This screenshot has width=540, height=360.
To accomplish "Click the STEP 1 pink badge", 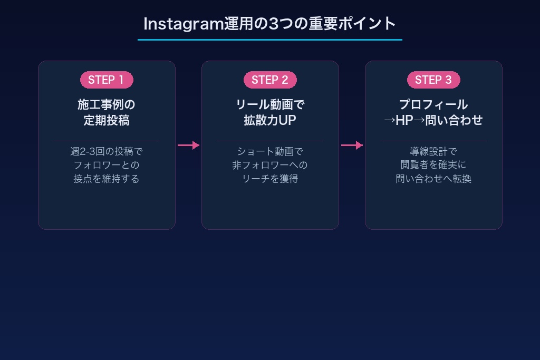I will coord(107,80).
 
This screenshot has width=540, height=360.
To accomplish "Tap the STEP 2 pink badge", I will coord(270,80).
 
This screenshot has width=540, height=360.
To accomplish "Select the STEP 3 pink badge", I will coord(433,80).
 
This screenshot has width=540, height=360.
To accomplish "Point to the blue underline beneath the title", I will coord(270,40).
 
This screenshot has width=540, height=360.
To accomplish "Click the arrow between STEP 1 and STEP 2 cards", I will coord(188,145).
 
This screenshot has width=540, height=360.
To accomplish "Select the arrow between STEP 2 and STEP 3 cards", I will coord(352,145).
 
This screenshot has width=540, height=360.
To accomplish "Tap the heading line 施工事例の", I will coord(107,104).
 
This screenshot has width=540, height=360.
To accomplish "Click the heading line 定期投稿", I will coord(107,120).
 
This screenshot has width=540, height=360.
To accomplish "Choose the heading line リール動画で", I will coord(270,104).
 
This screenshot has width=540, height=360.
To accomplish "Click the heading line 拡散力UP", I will coord(270,120).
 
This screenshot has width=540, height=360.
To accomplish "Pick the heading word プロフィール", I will coord(433,104).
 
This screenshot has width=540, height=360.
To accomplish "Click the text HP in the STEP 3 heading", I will coord(404,120).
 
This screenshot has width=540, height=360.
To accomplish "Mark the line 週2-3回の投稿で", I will coord(107,151).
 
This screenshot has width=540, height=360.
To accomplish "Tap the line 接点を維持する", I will coord(107,179).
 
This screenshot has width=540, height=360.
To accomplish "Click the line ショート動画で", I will coord(270,151).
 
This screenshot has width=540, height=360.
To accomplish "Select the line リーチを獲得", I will coord(270,179).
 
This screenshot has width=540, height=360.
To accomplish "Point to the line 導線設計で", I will coord(433,151).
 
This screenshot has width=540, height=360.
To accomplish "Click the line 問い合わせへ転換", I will coord(433,179).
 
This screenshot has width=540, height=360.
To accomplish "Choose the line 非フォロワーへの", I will coord(270,165).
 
